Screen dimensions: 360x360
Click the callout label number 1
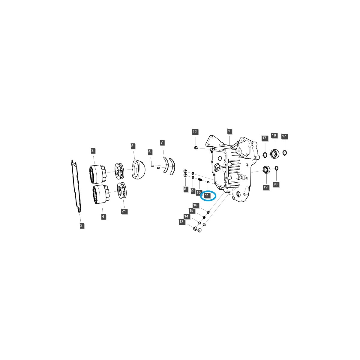pyautogui.click(x=229, y=131)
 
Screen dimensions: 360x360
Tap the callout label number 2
pyautogui.click(x=82, y=225)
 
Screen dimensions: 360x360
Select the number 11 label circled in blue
pyautogui.click(x=207, y=195)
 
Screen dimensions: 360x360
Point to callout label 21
pyautogui.click(x=124, y=211)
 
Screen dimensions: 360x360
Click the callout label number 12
pyautogui.click(x=195, y=132)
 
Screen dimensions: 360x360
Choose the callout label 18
pyautogui.click(x=274, y=135)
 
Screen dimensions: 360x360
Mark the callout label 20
pyautogui.click(x=275, y=184)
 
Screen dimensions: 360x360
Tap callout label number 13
pyautogui.click(x=181, y=222)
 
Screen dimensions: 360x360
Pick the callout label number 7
pyautogui.click(x=162, y=142)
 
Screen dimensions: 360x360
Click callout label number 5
pyautogui.click(x=133, y=146)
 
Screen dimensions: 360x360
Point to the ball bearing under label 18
pyautogui.click(x=274, y=154)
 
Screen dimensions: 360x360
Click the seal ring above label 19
pyautogui.click(x=266, y=170)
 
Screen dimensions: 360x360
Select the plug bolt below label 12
pyautogui.click(x=196, y=148)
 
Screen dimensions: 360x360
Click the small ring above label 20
pyautogui.click(x=276, y=168)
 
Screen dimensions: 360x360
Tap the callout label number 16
pyautogui.click(x=195, y=205)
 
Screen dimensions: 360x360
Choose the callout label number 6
pyautogui.click(x=149, y=152)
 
